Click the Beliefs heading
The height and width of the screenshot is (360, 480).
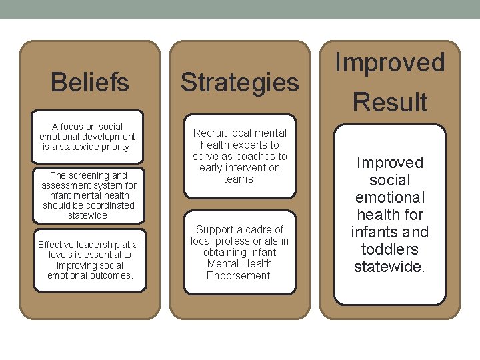pyautogui.click(x=90, y=83)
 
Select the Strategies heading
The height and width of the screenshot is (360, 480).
pyautogui.click(x=240, y=83)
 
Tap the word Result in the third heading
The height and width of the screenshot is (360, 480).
pyautogui.click(x=390, y=103)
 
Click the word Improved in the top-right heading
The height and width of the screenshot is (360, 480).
pyautogui.click(x=390, y=62)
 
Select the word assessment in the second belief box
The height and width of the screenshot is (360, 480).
pyautogui.click(x=63, y=185)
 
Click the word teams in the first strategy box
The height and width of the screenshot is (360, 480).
pyautogui.click(x=239, y=179)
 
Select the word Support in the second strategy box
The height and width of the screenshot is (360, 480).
pyautogui.click(x=215, y=229)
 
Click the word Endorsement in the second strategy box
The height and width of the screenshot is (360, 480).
pyautogui.click(x=240, y=275)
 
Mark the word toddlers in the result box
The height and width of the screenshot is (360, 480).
pyautogui.click(x=390, y=249)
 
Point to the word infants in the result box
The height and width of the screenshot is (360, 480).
pyautogui.click(x=375, y=232)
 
